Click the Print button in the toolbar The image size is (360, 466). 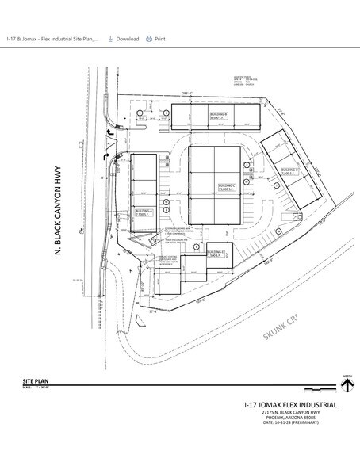155,39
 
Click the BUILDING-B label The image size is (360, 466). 219,116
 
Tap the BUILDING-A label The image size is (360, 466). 144,211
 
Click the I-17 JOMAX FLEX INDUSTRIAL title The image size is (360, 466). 290,405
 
